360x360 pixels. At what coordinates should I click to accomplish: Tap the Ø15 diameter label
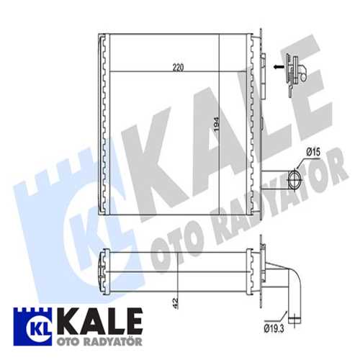[x=312, y=152]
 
